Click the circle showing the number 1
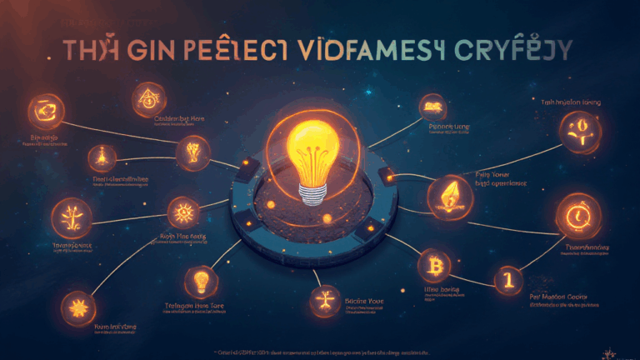click(504, 279)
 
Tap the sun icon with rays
click(182, 212)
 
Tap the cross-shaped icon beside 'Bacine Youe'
click(325, 298)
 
